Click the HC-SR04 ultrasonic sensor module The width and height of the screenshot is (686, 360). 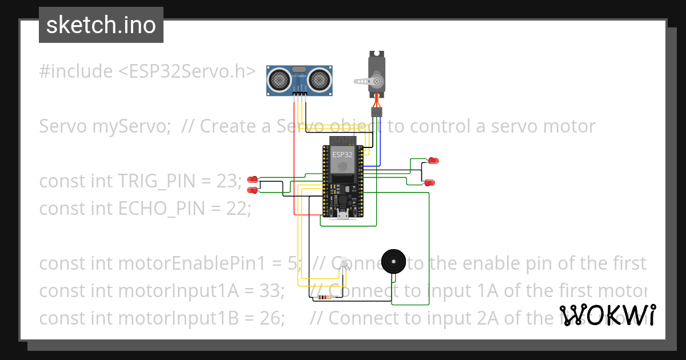(x=300, y=80)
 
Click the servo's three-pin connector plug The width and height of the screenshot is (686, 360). (x=377, y=113)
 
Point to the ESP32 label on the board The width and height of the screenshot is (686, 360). (x=342, y=154)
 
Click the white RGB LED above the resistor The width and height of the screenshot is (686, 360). (x=344, y=264)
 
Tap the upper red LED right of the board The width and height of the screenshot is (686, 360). (x=434, y=161)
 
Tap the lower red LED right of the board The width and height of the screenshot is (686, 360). (x=429, y=182)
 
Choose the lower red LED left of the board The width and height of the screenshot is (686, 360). (x=252, y=190)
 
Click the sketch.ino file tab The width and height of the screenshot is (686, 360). (x=101, y=25)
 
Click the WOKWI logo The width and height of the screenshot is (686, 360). (x=607, y=315)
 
